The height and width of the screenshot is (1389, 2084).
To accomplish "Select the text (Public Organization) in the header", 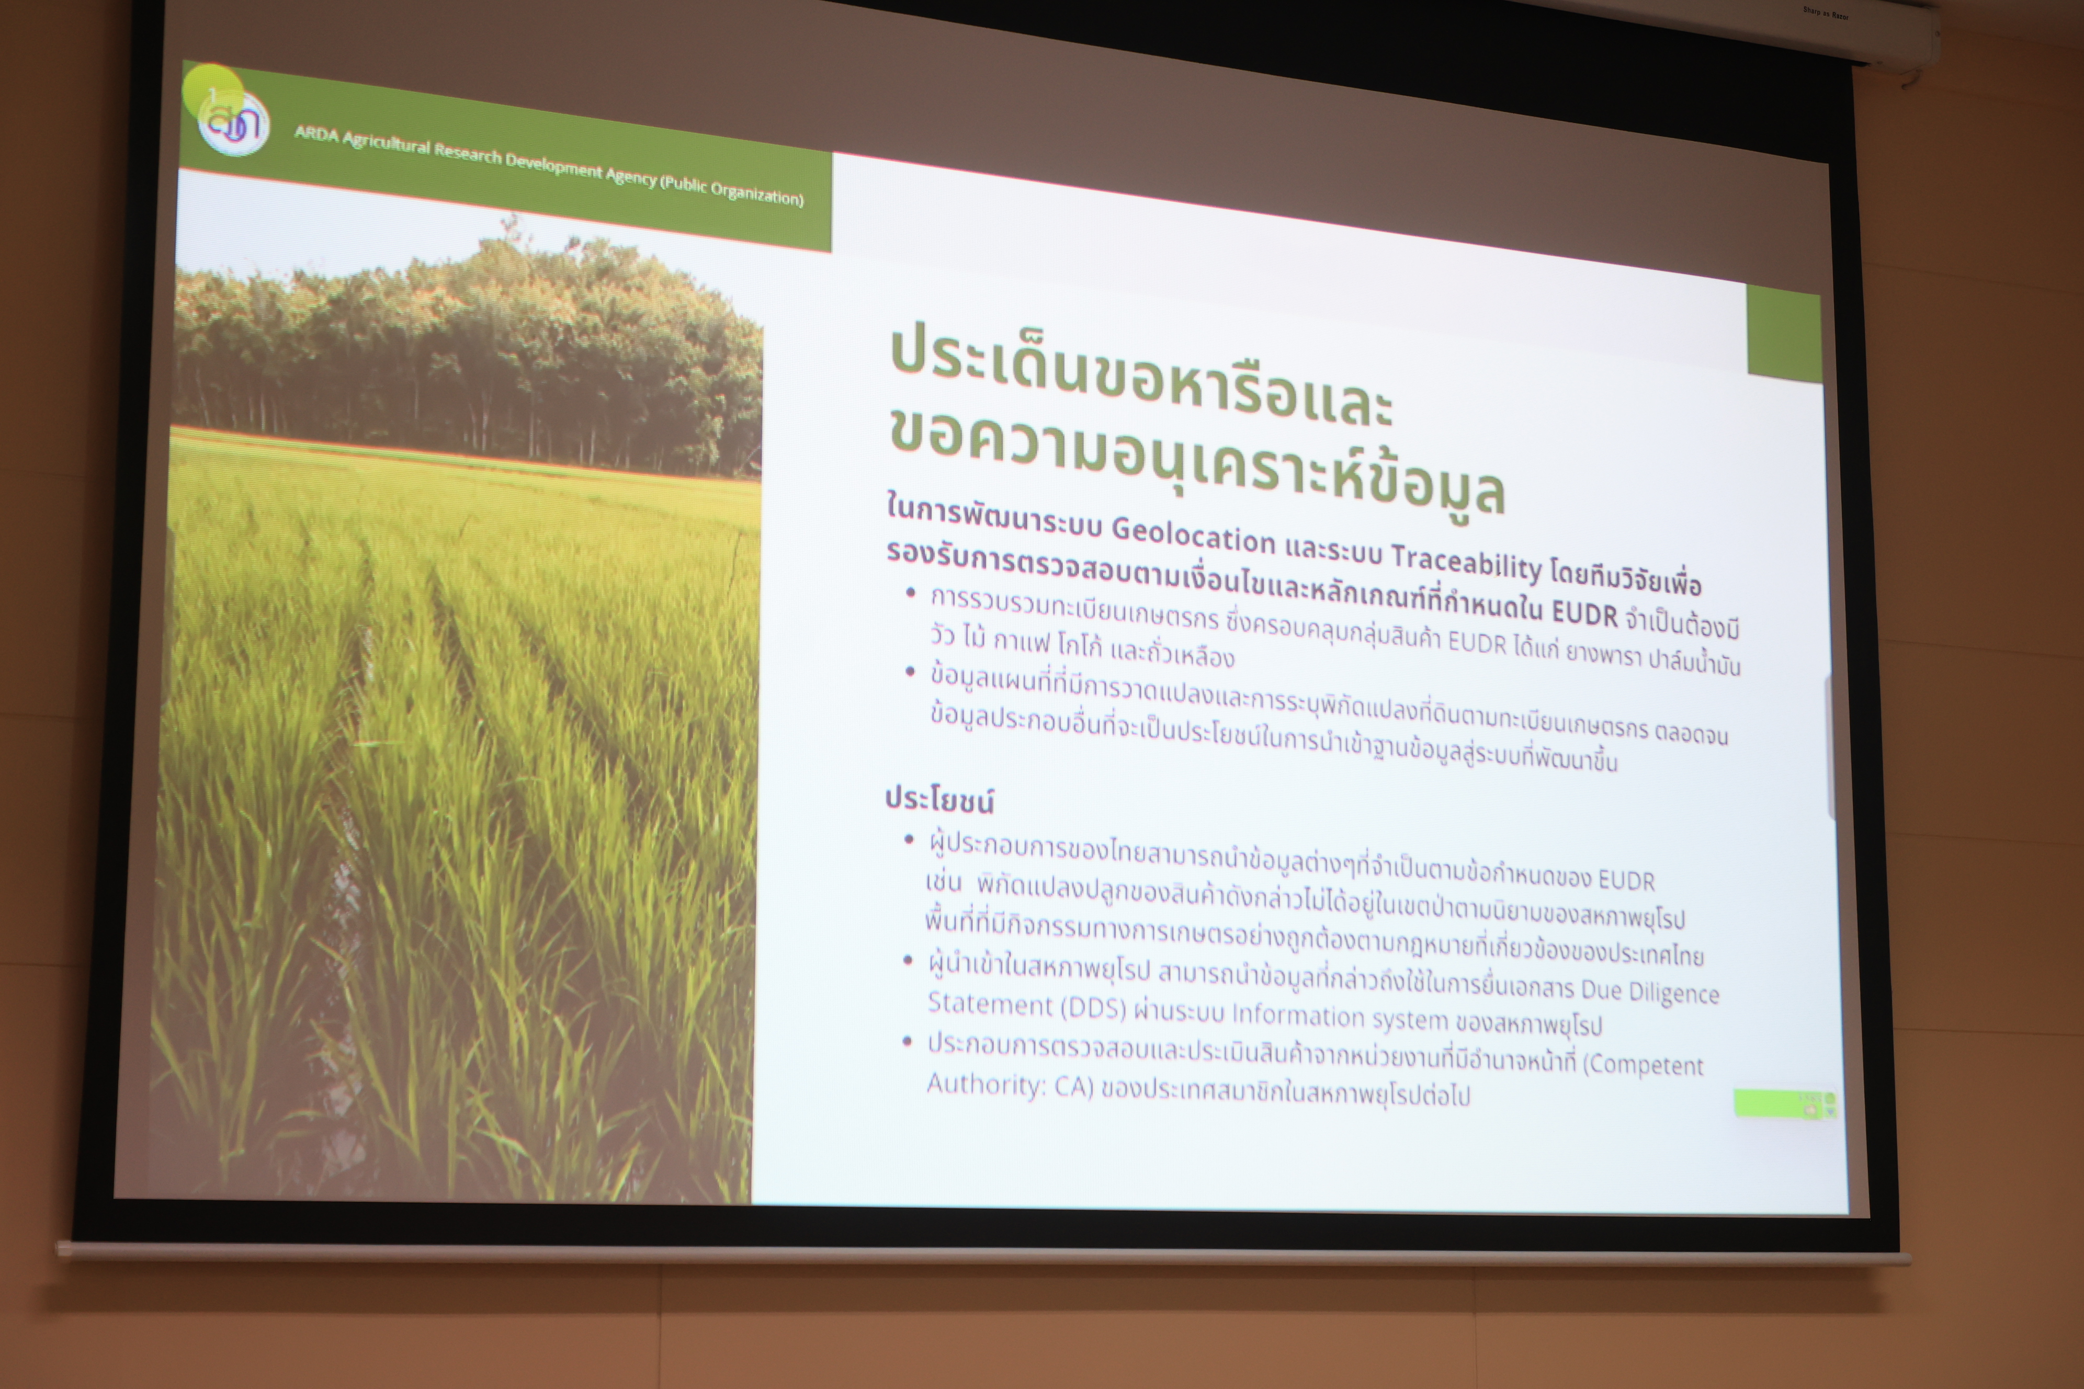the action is point(732,189).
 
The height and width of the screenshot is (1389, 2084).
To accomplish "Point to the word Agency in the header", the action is point(631,175).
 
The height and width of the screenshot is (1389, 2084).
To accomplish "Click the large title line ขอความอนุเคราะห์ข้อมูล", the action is point(1197,462).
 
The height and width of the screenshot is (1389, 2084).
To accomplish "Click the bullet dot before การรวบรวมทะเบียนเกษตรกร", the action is point(911,593).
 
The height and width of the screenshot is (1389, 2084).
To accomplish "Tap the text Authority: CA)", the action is point(1009,1086).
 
